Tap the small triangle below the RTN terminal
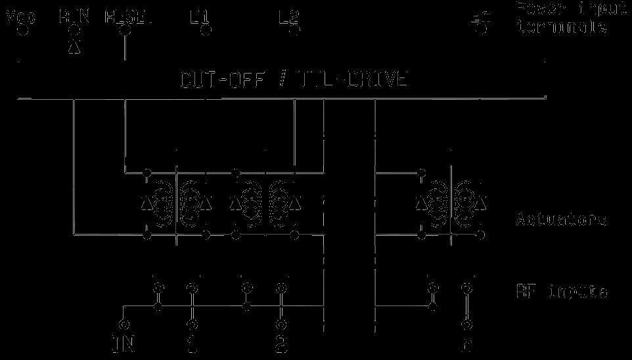pyautogui.click(x=74, y=48)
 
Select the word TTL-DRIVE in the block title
pyautogui.click(x=352, y=80)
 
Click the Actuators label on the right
pyautogui.click(x=560, y=219)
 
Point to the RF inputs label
pyautogui.click(x=560, y=291)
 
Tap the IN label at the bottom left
pyautogui.click(x=124, y=344)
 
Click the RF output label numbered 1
pyautogui.click(x=192, y=344)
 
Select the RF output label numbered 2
pyautogui.click(x=281, y=344)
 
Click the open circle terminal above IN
pyautogui.click(x=124, y=325)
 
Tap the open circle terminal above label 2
pyautogui.click(x=281, y=325)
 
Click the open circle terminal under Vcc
pyautogui.click(x=21, y=30)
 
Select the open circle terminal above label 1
pyautogui.click(x=192, y=325)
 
